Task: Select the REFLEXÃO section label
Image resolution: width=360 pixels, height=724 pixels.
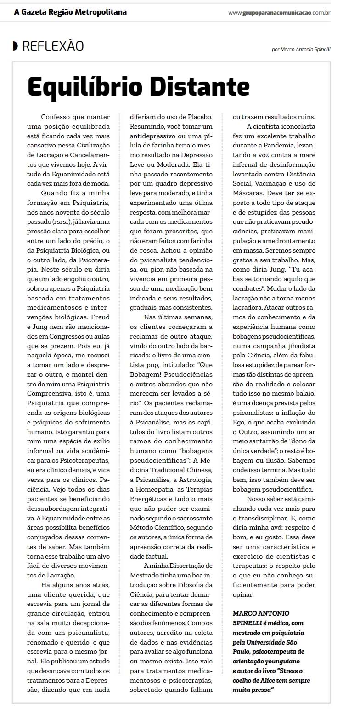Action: click(x=53, y=46)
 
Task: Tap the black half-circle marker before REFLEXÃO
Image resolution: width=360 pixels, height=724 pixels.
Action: click(x=16, y=46)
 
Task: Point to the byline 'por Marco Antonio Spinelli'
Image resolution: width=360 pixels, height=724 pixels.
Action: click(x=301, y=50)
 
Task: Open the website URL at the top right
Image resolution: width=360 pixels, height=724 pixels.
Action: click(x=279, y=12)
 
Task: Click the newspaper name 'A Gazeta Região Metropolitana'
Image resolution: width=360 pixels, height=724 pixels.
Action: click(x=70, y=12)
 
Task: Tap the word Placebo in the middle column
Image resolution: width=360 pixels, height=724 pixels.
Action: click(x=198, y=117)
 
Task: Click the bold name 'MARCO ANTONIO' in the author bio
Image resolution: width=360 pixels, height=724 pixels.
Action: click(x=261, y=613)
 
